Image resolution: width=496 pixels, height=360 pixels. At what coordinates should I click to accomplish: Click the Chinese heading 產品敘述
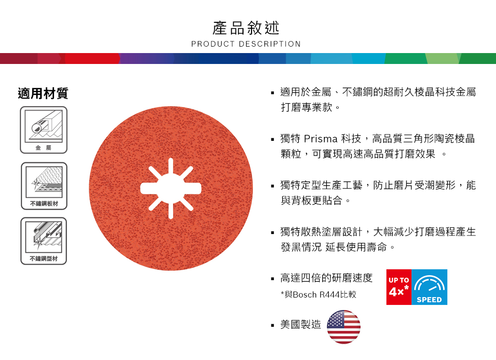(x=246, y=27)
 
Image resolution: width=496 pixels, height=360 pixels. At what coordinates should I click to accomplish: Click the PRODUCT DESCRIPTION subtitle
(x=246, y=44)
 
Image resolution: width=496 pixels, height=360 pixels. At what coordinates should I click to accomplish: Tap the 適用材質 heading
(x=43, y=93)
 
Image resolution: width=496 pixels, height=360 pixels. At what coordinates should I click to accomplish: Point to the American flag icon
(x=344, y=327)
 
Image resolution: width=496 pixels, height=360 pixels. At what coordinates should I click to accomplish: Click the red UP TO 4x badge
(x=399, y=287)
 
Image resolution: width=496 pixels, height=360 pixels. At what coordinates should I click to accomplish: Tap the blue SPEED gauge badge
(x=430, y=287)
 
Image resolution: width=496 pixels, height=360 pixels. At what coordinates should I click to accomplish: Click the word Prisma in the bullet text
(x=320, y=138)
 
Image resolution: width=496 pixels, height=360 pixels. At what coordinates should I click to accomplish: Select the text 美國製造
(x=301, y=325)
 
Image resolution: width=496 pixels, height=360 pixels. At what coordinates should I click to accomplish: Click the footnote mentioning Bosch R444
(x=318, y=295)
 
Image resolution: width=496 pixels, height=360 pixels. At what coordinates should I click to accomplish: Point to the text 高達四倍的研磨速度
(x=326, y=278)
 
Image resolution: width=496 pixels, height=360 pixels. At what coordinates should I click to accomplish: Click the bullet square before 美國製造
(x=272, y=326)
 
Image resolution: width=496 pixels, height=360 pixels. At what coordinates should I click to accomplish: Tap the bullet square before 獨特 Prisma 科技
(x=272, y=139)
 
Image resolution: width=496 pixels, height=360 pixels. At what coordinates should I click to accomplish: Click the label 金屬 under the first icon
(x=43, y=148)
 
